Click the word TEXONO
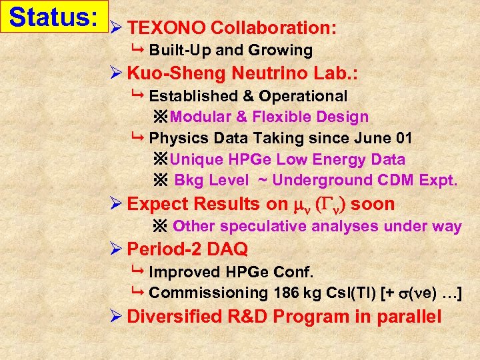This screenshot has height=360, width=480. (166, 28)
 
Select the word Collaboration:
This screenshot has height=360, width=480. (273, 28)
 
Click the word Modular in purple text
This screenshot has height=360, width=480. (201, 117)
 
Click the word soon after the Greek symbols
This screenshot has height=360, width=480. (373, 204)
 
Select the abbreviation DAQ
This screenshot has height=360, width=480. (229, 249)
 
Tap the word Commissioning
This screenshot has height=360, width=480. (208, 293)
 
